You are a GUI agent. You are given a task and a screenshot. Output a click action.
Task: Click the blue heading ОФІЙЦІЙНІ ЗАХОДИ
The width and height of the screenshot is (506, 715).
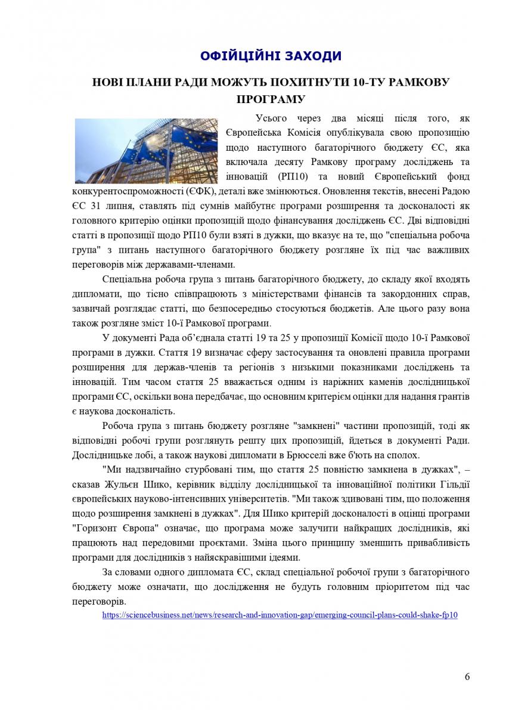271,57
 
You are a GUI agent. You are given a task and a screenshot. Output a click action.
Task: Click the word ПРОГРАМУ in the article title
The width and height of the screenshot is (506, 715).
271,98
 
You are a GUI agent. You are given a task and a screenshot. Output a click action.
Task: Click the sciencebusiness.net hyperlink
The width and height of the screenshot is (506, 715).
280,615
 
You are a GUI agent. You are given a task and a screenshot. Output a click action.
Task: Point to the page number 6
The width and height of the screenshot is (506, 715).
467,676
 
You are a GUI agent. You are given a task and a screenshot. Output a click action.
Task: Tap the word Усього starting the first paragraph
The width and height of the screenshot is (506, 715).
272,117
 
